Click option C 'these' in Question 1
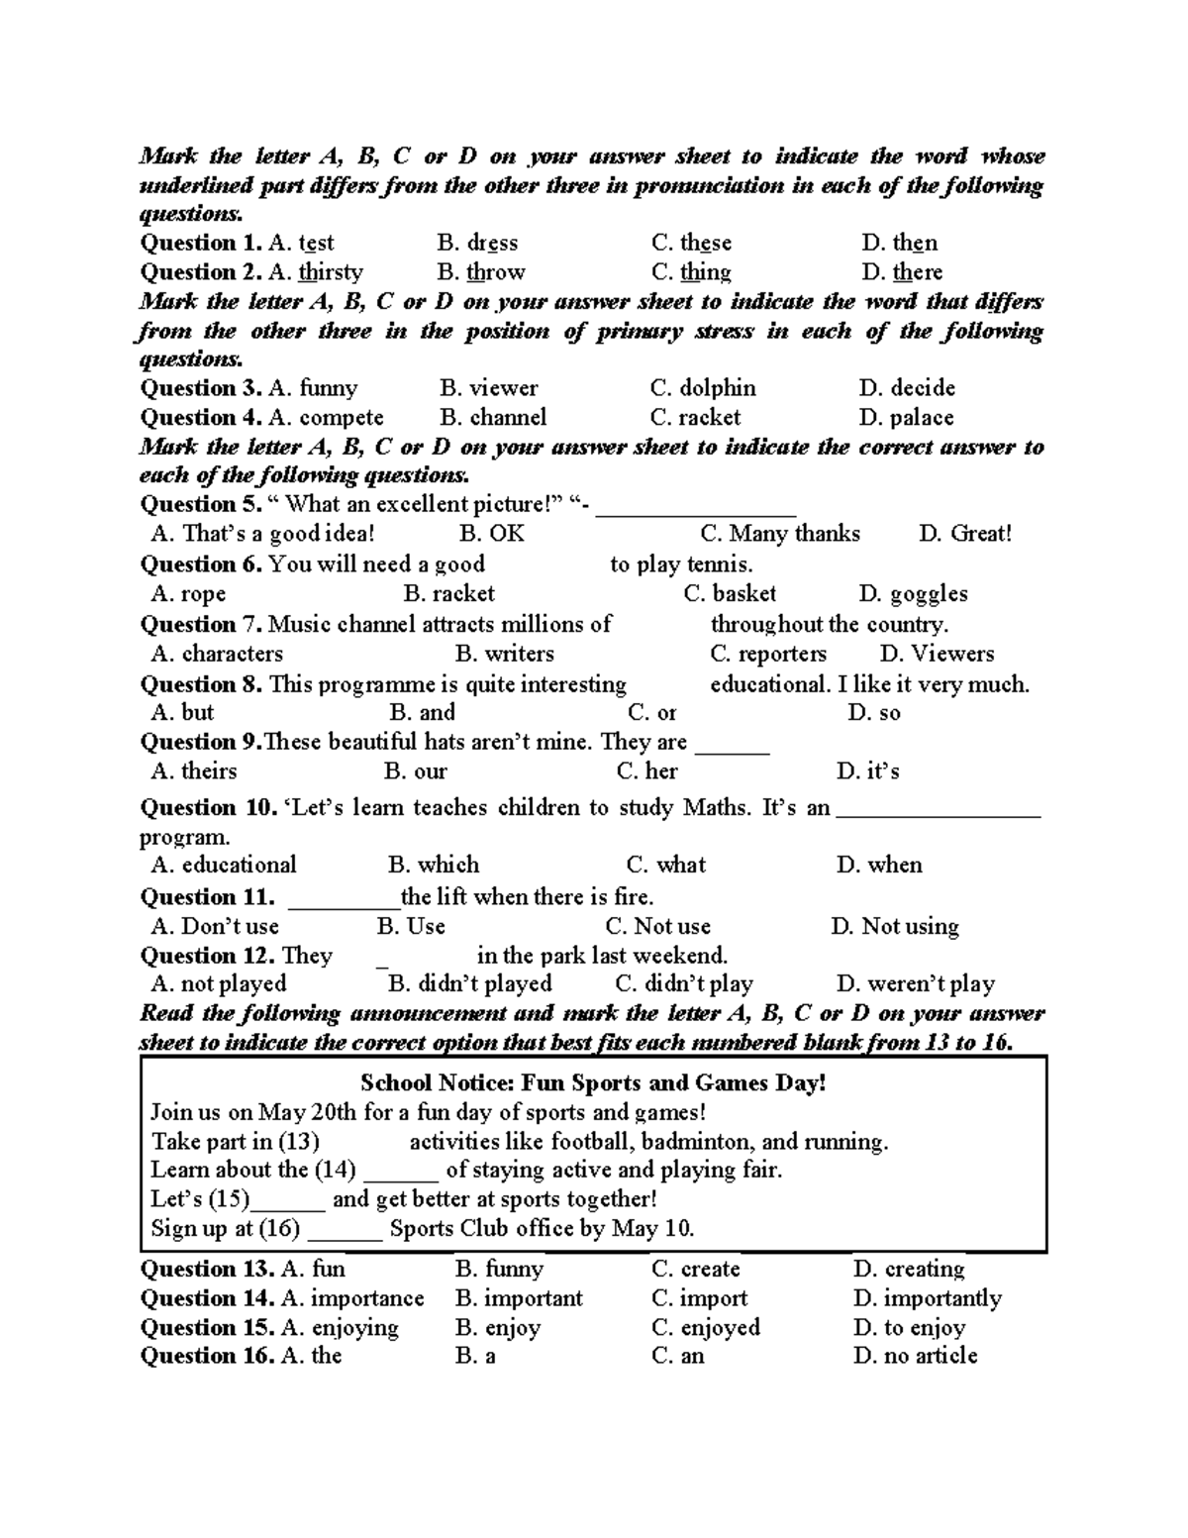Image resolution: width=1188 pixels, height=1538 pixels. pos(691,243)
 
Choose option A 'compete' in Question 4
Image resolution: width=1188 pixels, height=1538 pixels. pos(326,418)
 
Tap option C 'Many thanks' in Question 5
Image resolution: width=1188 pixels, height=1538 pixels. pos(780,534)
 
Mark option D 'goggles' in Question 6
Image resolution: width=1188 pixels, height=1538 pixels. pos(913,594)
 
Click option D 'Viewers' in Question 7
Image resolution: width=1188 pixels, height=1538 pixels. pos(937,654)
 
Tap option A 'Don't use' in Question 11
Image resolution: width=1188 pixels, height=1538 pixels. pos(215,927)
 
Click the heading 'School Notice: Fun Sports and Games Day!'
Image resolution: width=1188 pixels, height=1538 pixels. pos(593,1083)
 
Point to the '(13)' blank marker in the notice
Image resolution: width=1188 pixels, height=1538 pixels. pos(299,1141)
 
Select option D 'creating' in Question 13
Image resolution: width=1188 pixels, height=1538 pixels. pos(909,1270)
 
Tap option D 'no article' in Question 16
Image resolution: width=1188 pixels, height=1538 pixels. pos(915,1357)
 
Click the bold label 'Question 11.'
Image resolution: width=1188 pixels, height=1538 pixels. pos(207,897)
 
